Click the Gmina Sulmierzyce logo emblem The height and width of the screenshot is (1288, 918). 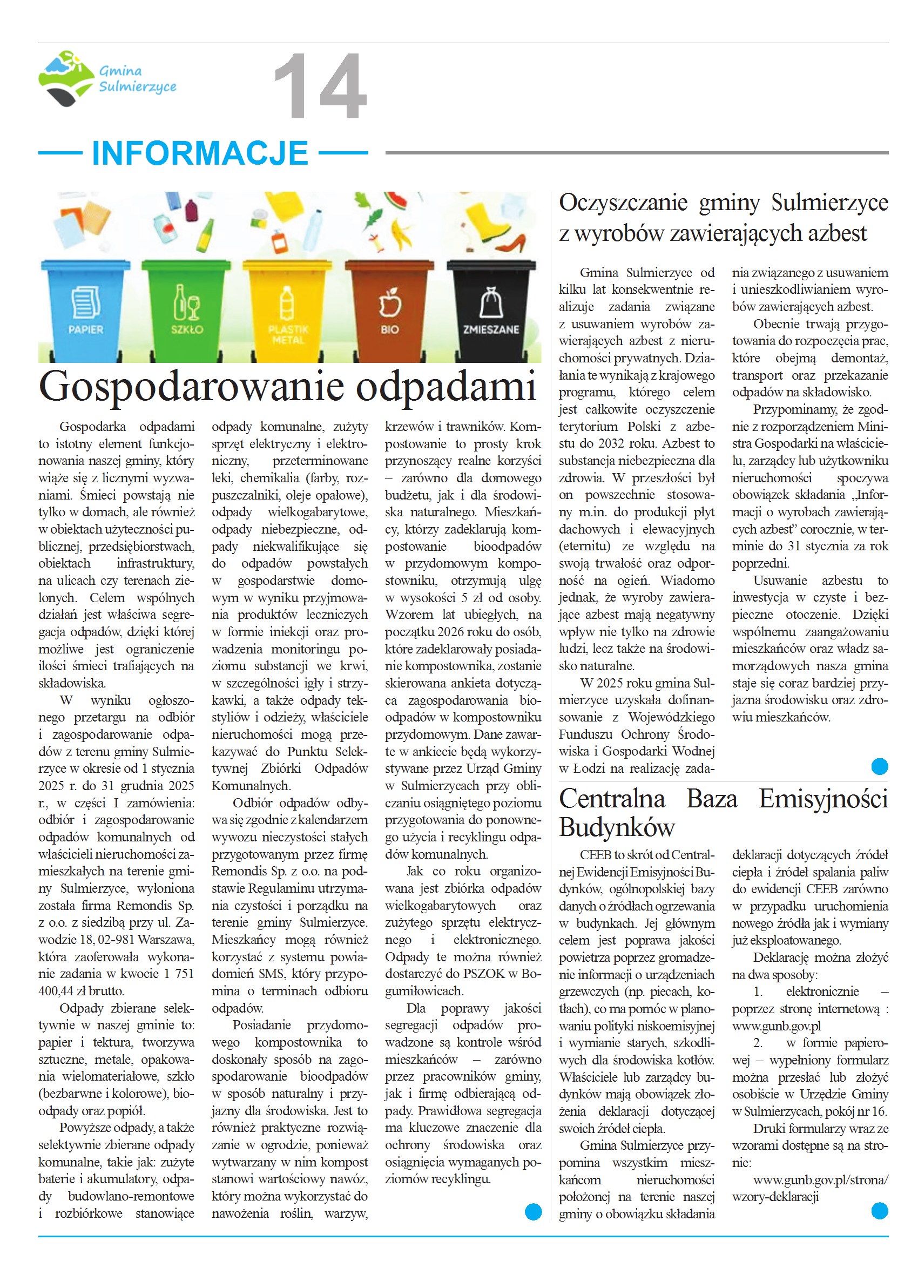[65, 78]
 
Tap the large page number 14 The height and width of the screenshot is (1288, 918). [320, 86]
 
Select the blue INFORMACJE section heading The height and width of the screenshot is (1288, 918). [200, 153]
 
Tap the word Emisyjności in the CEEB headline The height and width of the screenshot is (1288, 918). [823, 799]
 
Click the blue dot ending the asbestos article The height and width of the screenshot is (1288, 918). [880, 766]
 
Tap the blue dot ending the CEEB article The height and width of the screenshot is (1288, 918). [880, 1211]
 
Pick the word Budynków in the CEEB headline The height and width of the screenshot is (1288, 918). [617, 827]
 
